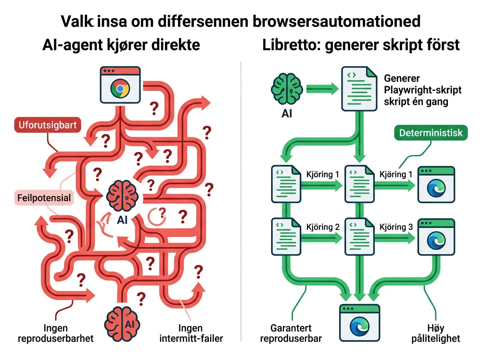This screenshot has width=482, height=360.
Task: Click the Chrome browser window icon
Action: [x=120, y=85]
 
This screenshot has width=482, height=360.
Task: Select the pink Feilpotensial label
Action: [x=44, y=198]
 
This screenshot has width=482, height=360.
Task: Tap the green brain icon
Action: [x=286, y=89]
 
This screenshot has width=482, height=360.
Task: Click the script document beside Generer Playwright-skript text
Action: [x=359, y=89]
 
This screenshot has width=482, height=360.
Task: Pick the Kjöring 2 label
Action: [x=323, y=227]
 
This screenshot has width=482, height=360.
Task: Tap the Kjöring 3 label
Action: [x=396, y=227]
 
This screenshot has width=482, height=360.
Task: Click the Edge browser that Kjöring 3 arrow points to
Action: [x=436, y=237]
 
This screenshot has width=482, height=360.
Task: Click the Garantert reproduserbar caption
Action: [x=291, y=333]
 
